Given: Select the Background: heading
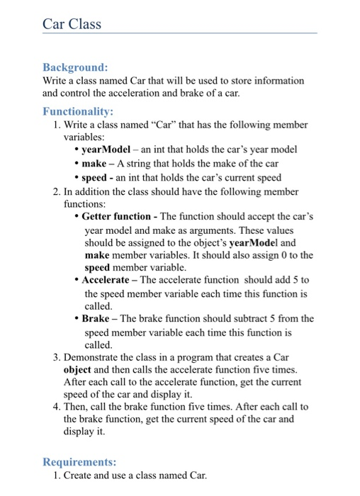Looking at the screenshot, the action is click(x=75, y=67).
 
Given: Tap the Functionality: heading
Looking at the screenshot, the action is click(x=78, y=111).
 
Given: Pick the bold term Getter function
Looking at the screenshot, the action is click(x=116, y=217).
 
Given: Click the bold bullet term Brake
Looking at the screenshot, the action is click(x=96, y=319).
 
